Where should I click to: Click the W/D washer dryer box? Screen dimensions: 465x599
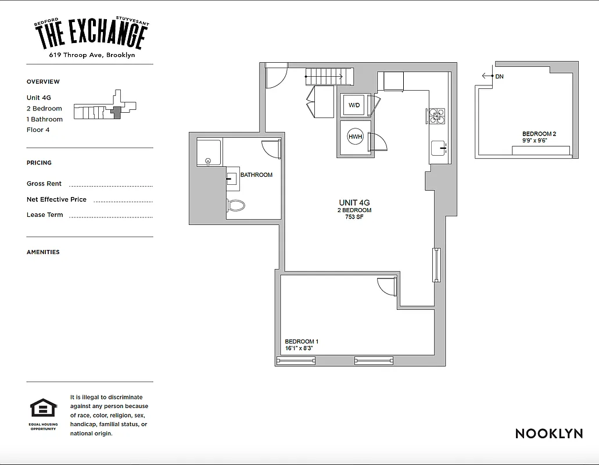(x=353, y=105)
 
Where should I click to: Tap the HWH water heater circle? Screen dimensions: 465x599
(x=354, y=137)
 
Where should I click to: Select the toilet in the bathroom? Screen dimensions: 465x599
(x=236, y=205)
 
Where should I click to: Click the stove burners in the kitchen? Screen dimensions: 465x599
(x=436, y=117)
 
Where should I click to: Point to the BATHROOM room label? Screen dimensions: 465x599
(x=256, y=175)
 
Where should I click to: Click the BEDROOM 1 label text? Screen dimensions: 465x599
(x=302, y=342)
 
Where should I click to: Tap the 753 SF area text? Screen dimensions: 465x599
(x=354, y=217)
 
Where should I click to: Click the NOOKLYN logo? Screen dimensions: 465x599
(x=548, y=434)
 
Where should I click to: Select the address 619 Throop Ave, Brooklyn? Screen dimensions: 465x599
(x=92, y=55)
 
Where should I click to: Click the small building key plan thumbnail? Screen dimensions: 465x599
(x=105, y=108)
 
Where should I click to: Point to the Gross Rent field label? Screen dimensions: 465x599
(x=44, y=184)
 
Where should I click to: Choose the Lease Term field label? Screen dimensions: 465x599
(x=45, y=215)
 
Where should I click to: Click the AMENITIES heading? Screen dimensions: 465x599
(x=43, y=252)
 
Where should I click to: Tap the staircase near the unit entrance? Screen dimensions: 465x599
(x=329, y=76)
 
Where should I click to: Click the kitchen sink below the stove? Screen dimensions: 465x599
(x=438, y=148)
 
